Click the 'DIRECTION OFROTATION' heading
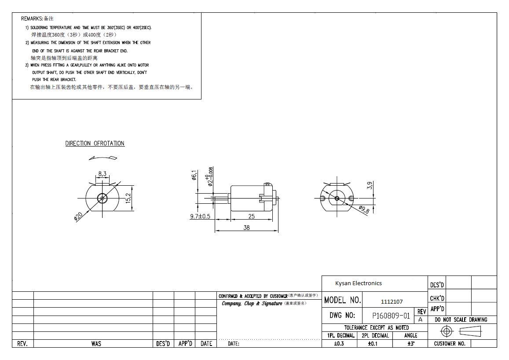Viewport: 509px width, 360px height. tap(95, 143)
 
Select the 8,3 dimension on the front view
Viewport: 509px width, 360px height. tap(102, 174)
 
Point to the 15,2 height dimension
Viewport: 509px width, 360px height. tap(128, 198)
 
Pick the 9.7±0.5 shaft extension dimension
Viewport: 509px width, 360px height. tap(200, 217)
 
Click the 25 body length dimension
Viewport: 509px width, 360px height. tap(251, 217)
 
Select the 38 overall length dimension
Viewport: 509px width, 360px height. tap(246, 228)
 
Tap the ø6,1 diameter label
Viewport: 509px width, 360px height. tap(193, 175)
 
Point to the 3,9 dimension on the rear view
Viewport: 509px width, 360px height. tap(370, 184)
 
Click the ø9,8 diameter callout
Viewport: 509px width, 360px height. tap(364, 209)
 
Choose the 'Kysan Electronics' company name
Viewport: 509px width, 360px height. tap(358, 283)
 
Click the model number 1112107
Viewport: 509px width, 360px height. tap(392, 301)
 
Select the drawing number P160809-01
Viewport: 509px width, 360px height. tap(391, 316)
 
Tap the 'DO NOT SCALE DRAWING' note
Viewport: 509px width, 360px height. tap(461, 320)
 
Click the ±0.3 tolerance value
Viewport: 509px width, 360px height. tap(339, 344)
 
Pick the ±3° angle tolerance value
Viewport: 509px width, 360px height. tap(410, 344)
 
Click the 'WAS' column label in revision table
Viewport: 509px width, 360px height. tap(96, 344)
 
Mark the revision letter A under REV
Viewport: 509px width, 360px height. tap(420, 320)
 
